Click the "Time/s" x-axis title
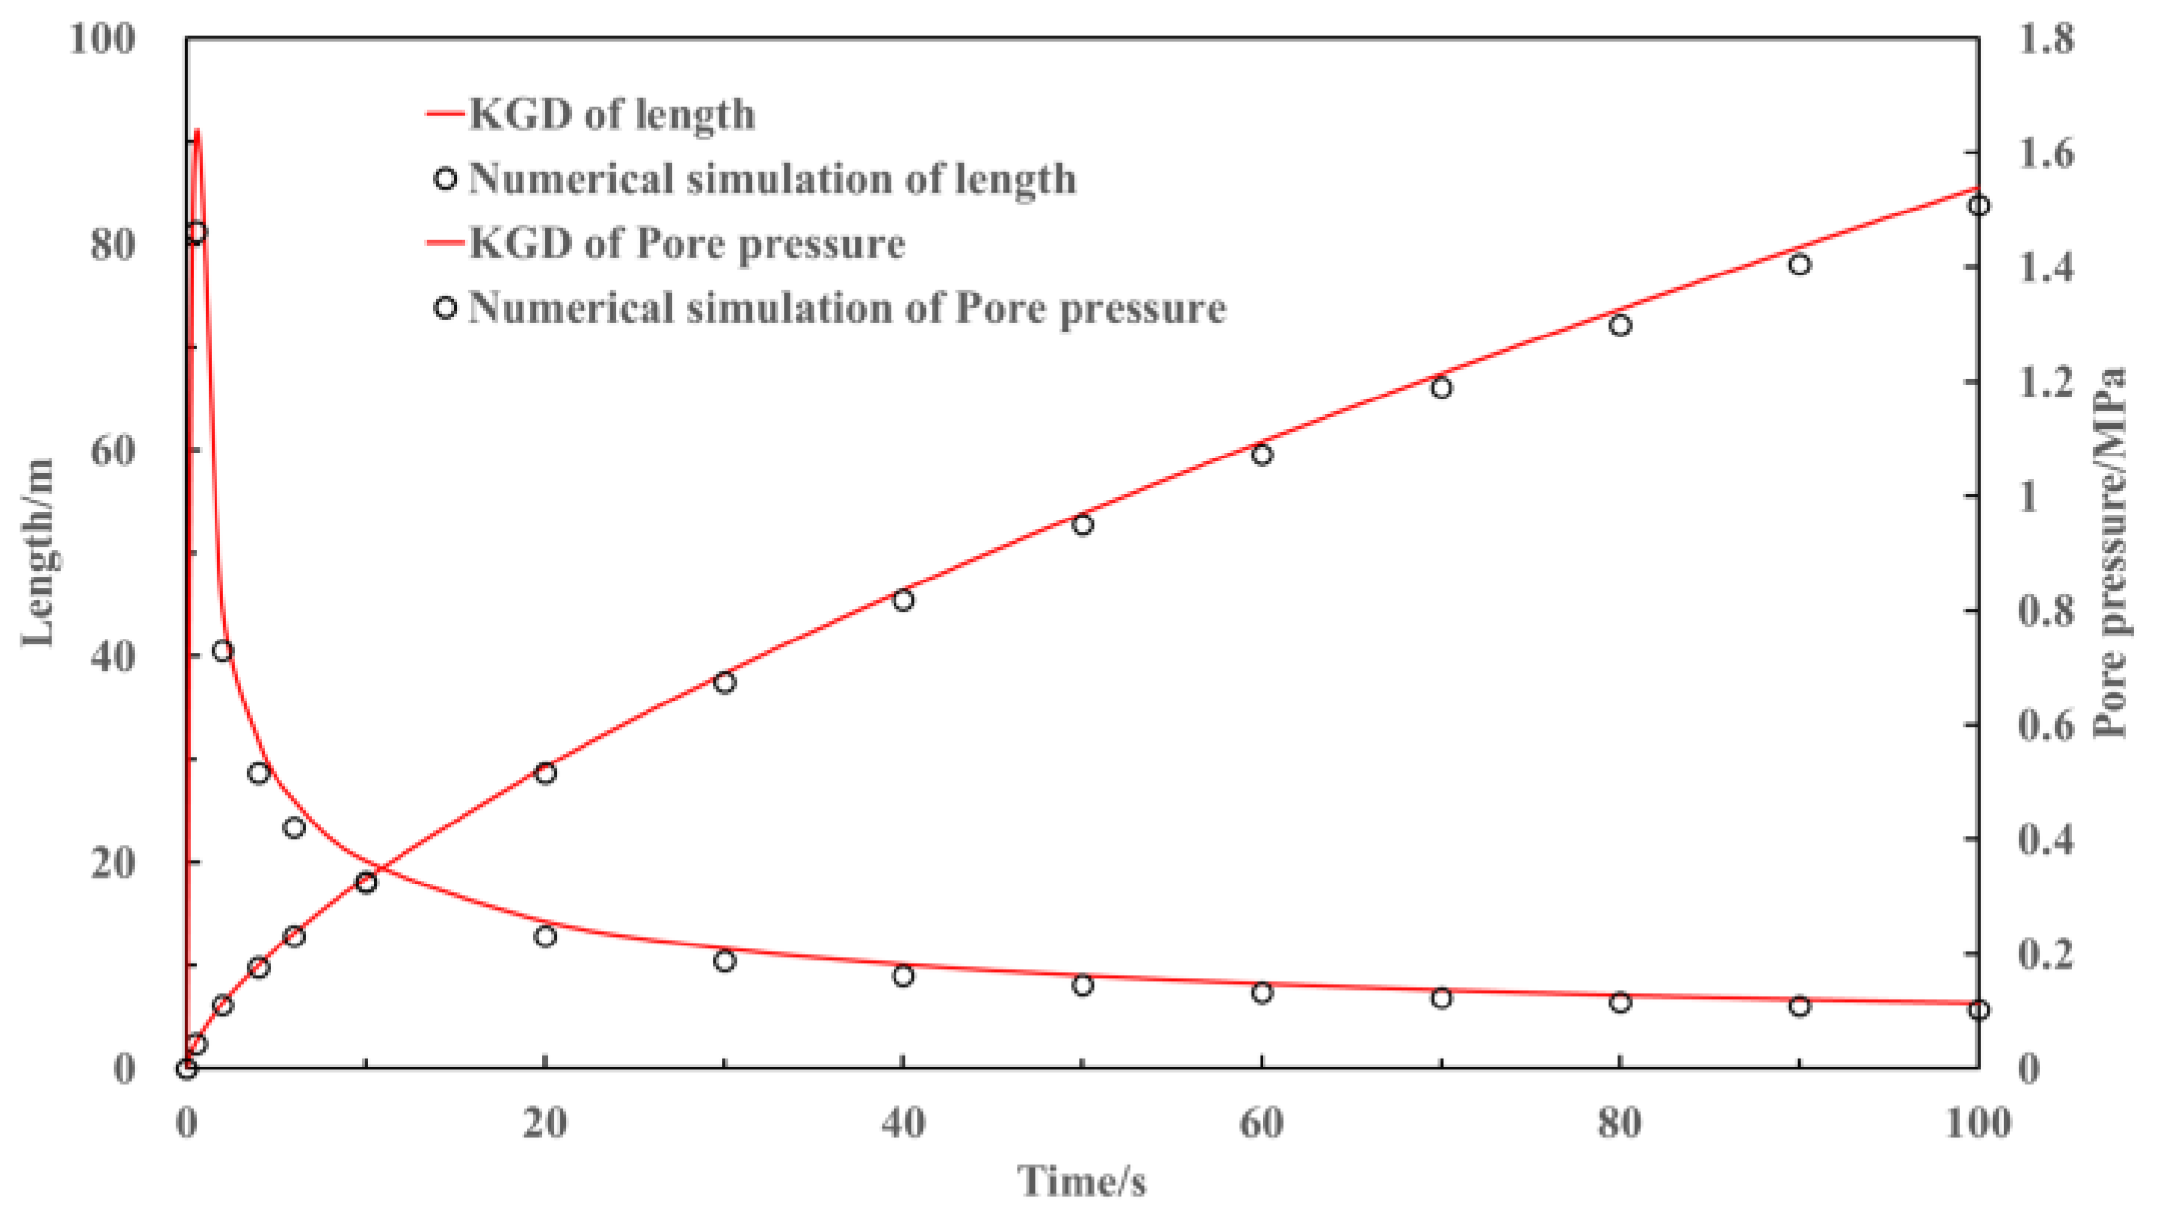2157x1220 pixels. pos(1081,1181)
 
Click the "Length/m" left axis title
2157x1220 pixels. pos(39,553)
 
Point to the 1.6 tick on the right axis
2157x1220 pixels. pos(2045,153)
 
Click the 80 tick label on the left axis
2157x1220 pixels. pos(112,244)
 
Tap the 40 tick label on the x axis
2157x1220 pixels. pos(903,1123)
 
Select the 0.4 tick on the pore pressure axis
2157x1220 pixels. pos(2045,839)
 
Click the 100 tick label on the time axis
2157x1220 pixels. pos(1978,1123)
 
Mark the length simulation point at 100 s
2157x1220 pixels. pos(1979,206)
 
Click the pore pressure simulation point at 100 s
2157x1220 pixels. pos(1979,1009)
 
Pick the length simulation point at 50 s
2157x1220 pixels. pos(1082,524)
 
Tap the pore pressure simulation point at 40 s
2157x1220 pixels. pos(903,975)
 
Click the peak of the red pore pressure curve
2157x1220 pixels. pos(198,130)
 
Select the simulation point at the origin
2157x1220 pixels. pos(187,1068)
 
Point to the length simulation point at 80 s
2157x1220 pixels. pos(1620,325)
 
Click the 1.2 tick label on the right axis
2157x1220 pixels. pos(2045,382)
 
